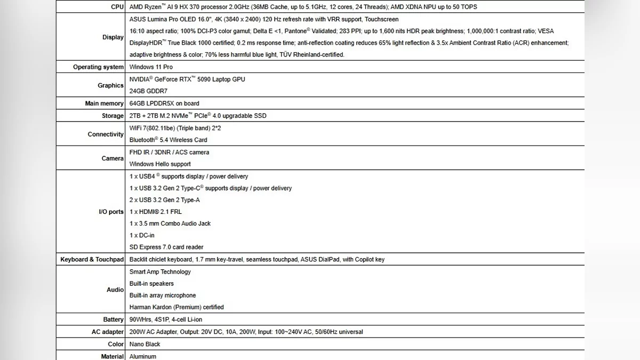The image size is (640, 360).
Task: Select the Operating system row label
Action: pyautogui.click(x=98, y=67)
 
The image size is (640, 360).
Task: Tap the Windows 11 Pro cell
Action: pyautogui.click(x=151, y=67)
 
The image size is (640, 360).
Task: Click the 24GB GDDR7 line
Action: pyautogui.click(x=148, y=91)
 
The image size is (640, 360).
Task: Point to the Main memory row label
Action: pyautogui.click(x=104, y=103)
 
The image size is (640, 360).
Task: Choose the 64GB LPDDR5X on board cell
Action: pyautogui.click(x=164, y=103)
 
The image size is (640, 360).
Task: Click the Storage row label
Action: pyautogui.click(x=113, y=116)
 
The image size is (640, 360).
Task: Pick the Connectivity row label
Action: pyautogui.click(x=106, y=134)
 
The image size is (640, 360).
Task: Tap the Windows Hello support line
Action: pyautogui.click(x=160, y=164)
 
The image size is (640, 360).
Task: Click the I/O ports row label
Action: pyautogui.click(x=111, y=212)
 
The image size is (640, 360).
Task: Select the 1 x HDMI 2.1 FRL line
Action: pyautogui.click(x=156, y=212)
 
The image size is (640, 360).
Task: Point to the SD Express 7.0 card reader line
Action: pyautogui.click(x=166, y=247)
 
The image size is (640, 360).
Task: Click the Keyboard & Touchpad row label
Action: pyautogui.click(x=92, y=260)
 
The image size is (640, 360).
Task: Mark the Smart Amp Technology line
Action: pyautogui.click(x=160, y=272)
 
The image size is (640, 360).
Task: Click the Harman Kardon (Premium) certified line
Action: pyautogui.click(x=177, y=307)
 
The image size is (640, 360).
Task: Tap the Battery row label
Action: pyautogui.click(x=113, y=319)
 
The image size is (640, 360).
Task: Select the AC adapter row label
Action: pyautogui.click(x=108, y=332)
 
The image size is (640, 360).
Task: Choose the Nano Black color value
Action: pyautogui.click(x=145, y=345)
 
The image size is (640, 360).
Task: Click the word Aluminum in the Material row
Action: pyautogui.click(x=143, y=356)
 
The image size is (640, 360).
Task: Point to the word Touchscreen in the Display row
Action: pyautogui.click(x=381, y=19)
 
